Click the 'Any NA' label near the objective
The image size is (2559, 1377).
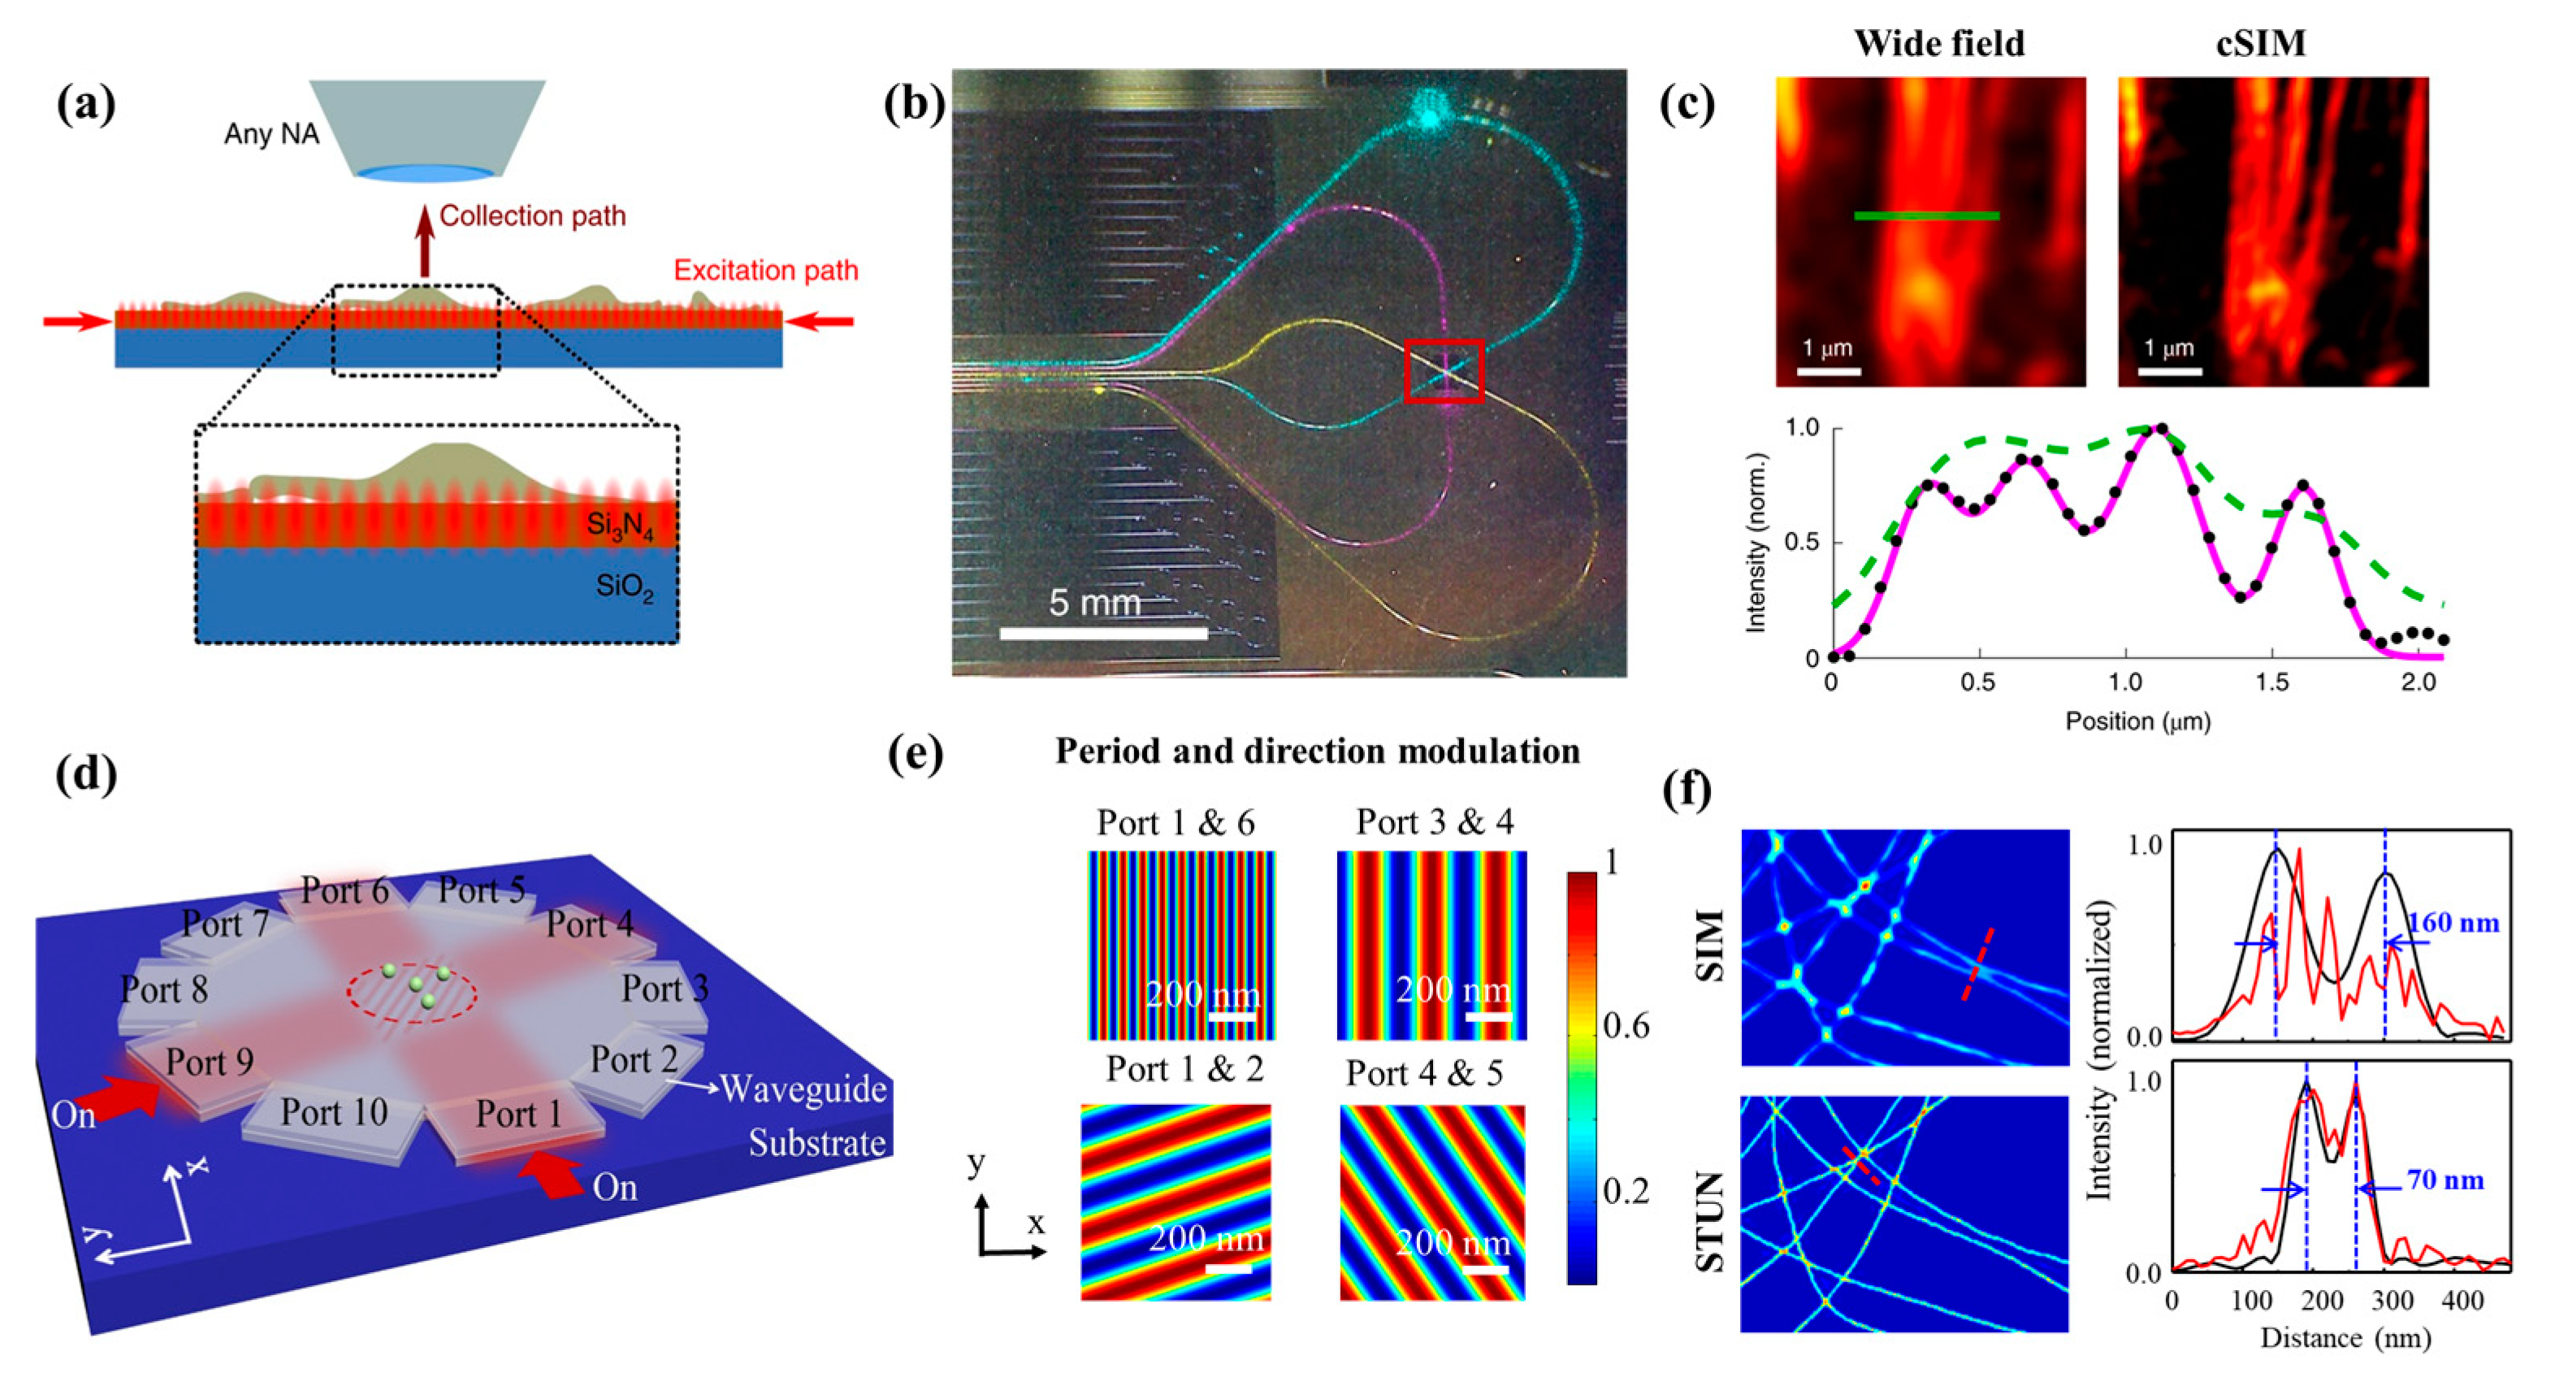point(271,134)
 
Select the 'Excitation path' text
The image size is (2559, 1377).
point(766,271)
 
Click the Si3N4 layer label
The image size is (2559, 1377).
point(620,526)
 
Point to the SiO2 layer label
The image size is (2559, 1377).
point(624,587)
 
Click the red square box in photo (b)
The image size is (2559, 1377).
point(1444,370)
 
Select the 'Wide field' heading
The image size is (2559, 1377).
point(1938,44)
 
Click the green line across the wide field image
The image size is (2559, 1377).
point(1926,215)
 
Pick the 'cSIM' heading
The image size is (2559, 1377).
point(2261,44)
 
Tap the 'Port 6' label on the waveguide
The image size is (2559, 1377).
point(344,891)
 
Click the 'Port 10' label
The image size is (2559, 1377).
point(333,1111)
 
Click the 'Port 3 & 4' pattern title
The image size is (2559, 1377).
point(1435,823)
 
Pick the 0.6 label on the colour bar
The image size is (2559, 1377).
point(1626,1026)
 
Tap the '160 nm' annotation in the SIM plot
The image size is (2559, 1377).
point(2453,923)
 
